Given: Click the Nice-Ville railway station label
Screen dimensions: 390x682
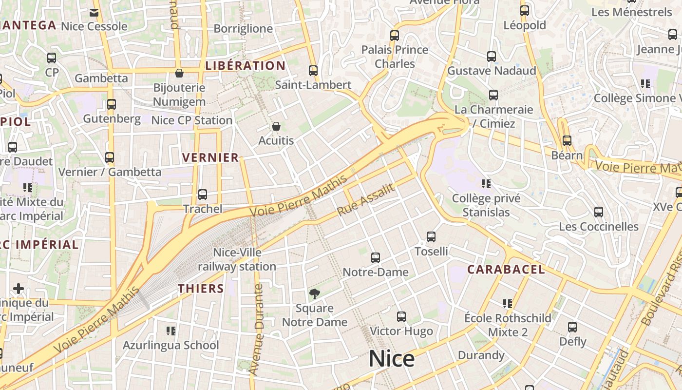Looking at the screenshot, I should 237,260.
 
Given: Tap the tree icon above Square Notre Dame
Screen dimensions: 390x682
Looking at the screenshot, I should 315,293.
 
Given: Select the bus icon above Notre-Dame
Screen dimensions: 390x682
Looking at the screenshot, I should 375,258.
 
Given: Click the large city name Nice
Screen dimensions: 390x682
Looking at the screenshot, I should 392,359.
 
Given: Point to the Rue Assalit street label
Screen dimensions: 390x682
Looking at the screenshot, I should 365,200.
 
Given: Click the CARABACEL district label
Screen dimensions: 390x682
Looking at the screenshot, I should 506,270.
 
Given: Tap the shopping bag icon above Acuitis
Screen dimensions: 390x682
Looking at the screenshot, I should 276,126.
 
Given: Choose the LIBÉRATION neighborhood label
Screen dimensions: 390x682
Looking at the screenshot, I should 246,66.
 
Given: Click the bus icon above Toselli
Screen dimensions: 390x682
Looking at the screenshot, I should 431,237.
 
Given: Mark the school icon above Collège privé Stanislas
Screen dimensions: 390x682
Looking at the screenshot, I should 486,184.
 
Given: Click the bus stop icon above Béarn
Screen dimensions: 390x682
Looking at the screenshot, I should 567,141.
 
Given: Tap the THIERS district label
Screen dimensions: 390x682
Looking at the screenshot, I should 201,289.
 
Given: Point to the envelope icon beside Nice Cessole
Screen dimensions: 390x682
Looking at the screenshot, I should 94,12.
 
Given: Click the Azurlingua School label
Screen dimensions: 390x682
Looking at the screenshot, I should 170,345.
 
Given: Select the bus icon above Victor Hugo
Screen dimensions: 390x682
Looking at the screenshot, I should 401,317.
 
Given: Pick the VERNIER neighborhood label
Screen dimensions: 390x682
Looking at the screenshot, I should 210,157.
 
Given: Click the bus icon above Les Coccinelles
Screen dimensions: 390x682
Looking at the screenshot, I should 599,212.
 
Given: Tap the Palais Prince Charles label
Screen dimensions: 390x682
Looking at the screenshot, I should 395,57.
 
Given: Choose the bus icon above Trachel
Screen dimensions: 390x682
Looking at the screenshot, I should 203,195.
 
